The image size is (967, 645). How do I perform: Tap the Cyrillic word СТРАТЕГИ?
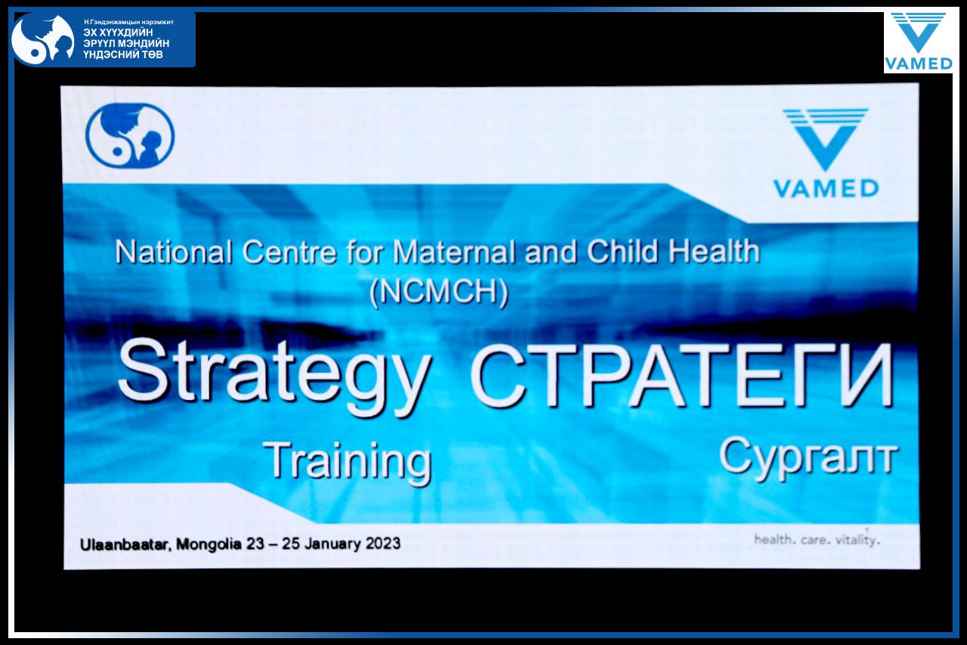click(x=682, y=375)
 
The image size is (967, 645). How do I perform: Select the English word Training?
click(x=348, y=462)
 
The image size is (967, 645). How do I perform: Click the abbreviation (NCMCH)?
click(x=439, y=292)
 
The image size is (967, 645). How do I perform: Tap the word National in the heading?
click(x=174, y=253)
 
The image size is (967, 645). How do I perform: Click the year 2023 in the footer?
click(x=383, y=543)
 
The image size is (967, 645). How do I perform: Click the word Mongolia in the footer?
click(x=209, y=544)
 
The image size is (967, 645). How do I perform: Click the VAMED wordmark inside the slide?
click(x=826, y=189)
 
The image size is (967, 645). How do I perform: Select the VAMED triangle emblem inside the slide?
click(x=826, y=139)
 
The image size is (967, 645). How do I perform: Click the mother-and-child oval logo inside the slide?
click(x=130, y=135)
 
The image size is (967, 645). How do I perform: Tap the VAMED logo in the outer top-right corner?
click(x=918, y=42)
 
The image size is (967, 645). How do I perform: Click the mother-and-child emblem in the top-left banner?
click(x=43, y=39)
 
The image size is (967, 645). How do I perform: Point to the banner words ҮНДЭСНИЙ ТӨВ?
click(x=123, y=55)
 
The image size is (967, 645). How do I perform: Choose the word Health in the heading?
click(x=714, y=251)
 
